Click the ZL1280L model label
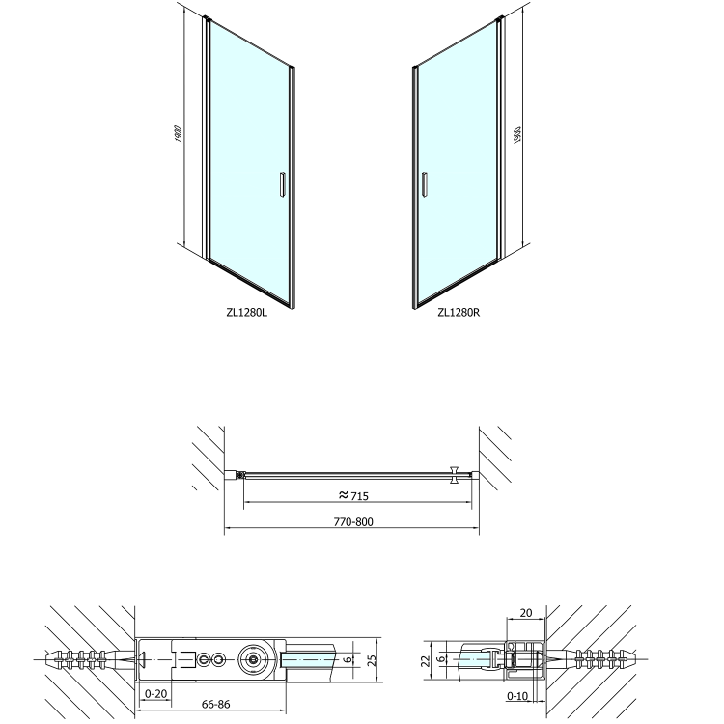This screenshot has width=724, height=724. click(x=246, y=312)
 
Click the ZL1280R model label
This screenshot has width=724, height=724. click(x=459, y=313)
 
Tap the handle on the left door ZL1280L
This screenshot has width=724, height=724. click(x=282, y=184)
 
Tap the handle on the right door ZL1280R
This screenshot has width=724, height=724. click(x=425, y=184)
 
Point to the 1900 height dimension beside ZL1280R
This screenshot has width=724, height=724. click(x=516, y=135)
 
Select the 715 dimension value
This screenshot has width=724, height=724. click(x=360, y=496)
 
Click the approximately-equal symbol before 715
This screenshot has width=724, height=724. click(x=343, y=495)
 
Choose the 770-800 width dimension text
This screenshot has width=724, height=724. click(x=353, y=521)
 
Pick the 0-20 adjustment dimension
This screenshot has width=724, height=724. click(x=155, y=693)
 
